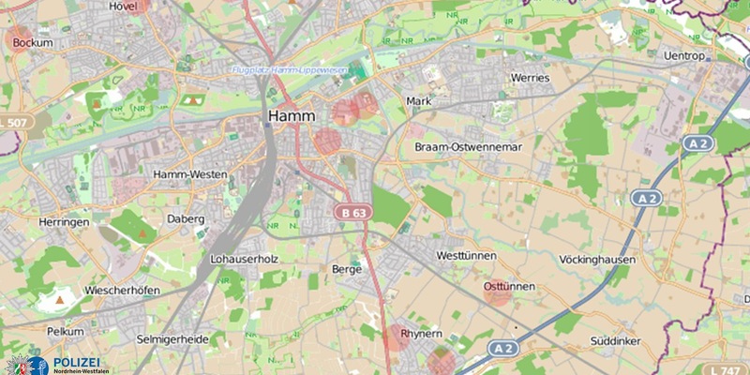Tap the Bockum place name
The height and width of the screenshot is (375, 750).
(x=33, y=43)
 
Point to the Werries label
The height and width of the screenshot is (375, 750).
(x=530, y=78)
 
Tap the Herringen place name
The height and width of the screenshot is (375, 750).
(x=63, y=221)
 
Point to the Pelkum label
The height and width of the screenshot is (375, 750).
(x=66, y=332)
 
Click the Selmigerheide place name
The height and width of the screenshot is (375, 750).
(x=172, y=338)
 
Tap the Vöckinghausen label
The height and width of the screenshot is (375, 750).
(x=597, y=260)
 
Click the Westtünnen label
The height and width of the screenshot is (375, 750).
(x=467, y=256)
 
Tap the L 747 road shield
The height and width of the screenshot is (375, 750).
(x=727, y=370)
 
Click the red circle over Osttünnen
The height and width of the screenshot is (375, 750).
(x=498, y=292)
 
